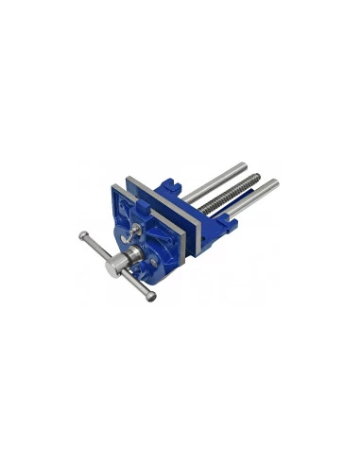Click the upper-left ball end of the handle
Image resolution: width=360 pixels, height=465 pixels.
[x=82, y=235]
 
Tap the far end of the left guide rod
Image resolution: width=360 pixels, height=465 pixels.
[x=243, y=167]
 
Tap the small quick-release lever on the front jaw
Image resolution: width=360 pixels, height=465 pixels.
[x=138, y=230]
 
